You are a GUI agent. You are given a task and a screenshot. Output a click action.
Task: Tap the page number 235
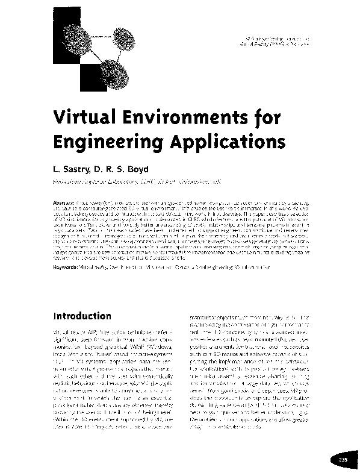tap(343, 460)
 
